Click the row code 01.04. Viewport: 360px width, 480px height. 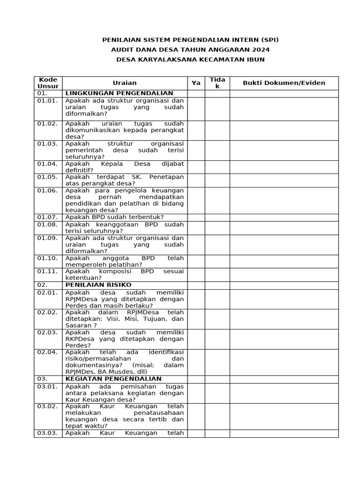[47, 164]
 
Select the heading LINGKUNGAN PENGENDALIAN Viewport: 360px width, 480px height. [119, 93]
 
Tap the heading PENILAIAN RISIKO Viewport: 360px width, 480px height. [98, 285]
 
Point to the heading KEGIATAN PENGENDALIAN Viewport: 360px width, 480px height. [113, 379]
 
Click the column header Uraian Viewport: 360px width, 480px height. [125, 83]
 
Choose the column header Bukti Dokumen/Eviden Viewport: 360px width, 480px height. [284, 83]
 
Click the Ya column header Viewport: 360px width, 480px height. [196, 83]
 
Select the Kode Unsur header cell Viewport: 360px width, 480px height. [48, 83]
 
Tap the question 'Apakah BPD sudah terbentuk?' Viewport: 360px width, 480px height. [114, 217]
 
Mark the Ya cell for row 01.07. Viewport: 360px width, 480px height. [196, 217]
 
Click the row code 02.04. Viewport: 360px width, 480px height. [47, 352]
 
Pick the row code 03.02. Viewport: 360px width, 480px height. [47, 406]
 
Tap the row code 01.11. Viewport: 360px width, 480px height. [47, 271]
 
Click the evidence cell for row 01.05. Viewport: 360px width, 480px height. [284, 180]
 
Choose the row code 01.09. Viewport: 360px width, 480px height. [47, 238]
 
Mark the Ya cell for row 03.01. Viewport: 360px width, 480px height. [196, 393]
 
